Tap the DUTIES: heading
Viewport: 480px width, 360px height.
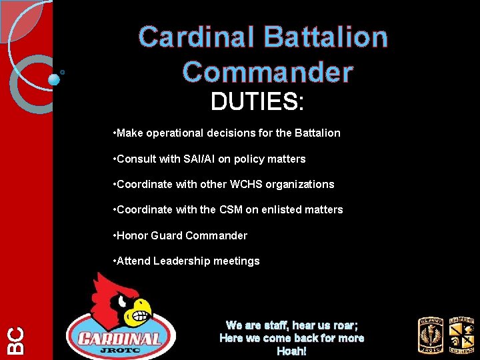coord(257,102)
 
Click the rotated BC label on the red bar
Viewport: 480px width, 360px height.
coord(15,340)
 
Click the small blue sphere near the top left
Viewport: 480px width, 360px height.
coord(54,79)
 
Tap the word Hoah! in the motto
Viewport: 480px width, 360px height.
coord(292,351)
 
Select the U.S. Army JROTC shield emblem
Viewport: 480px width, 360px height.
coord(430,335)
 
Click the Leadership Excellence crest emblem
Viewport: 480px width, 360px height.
coord(461,335)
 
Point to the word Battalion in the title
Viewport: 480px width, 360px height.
coord(326,37)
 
